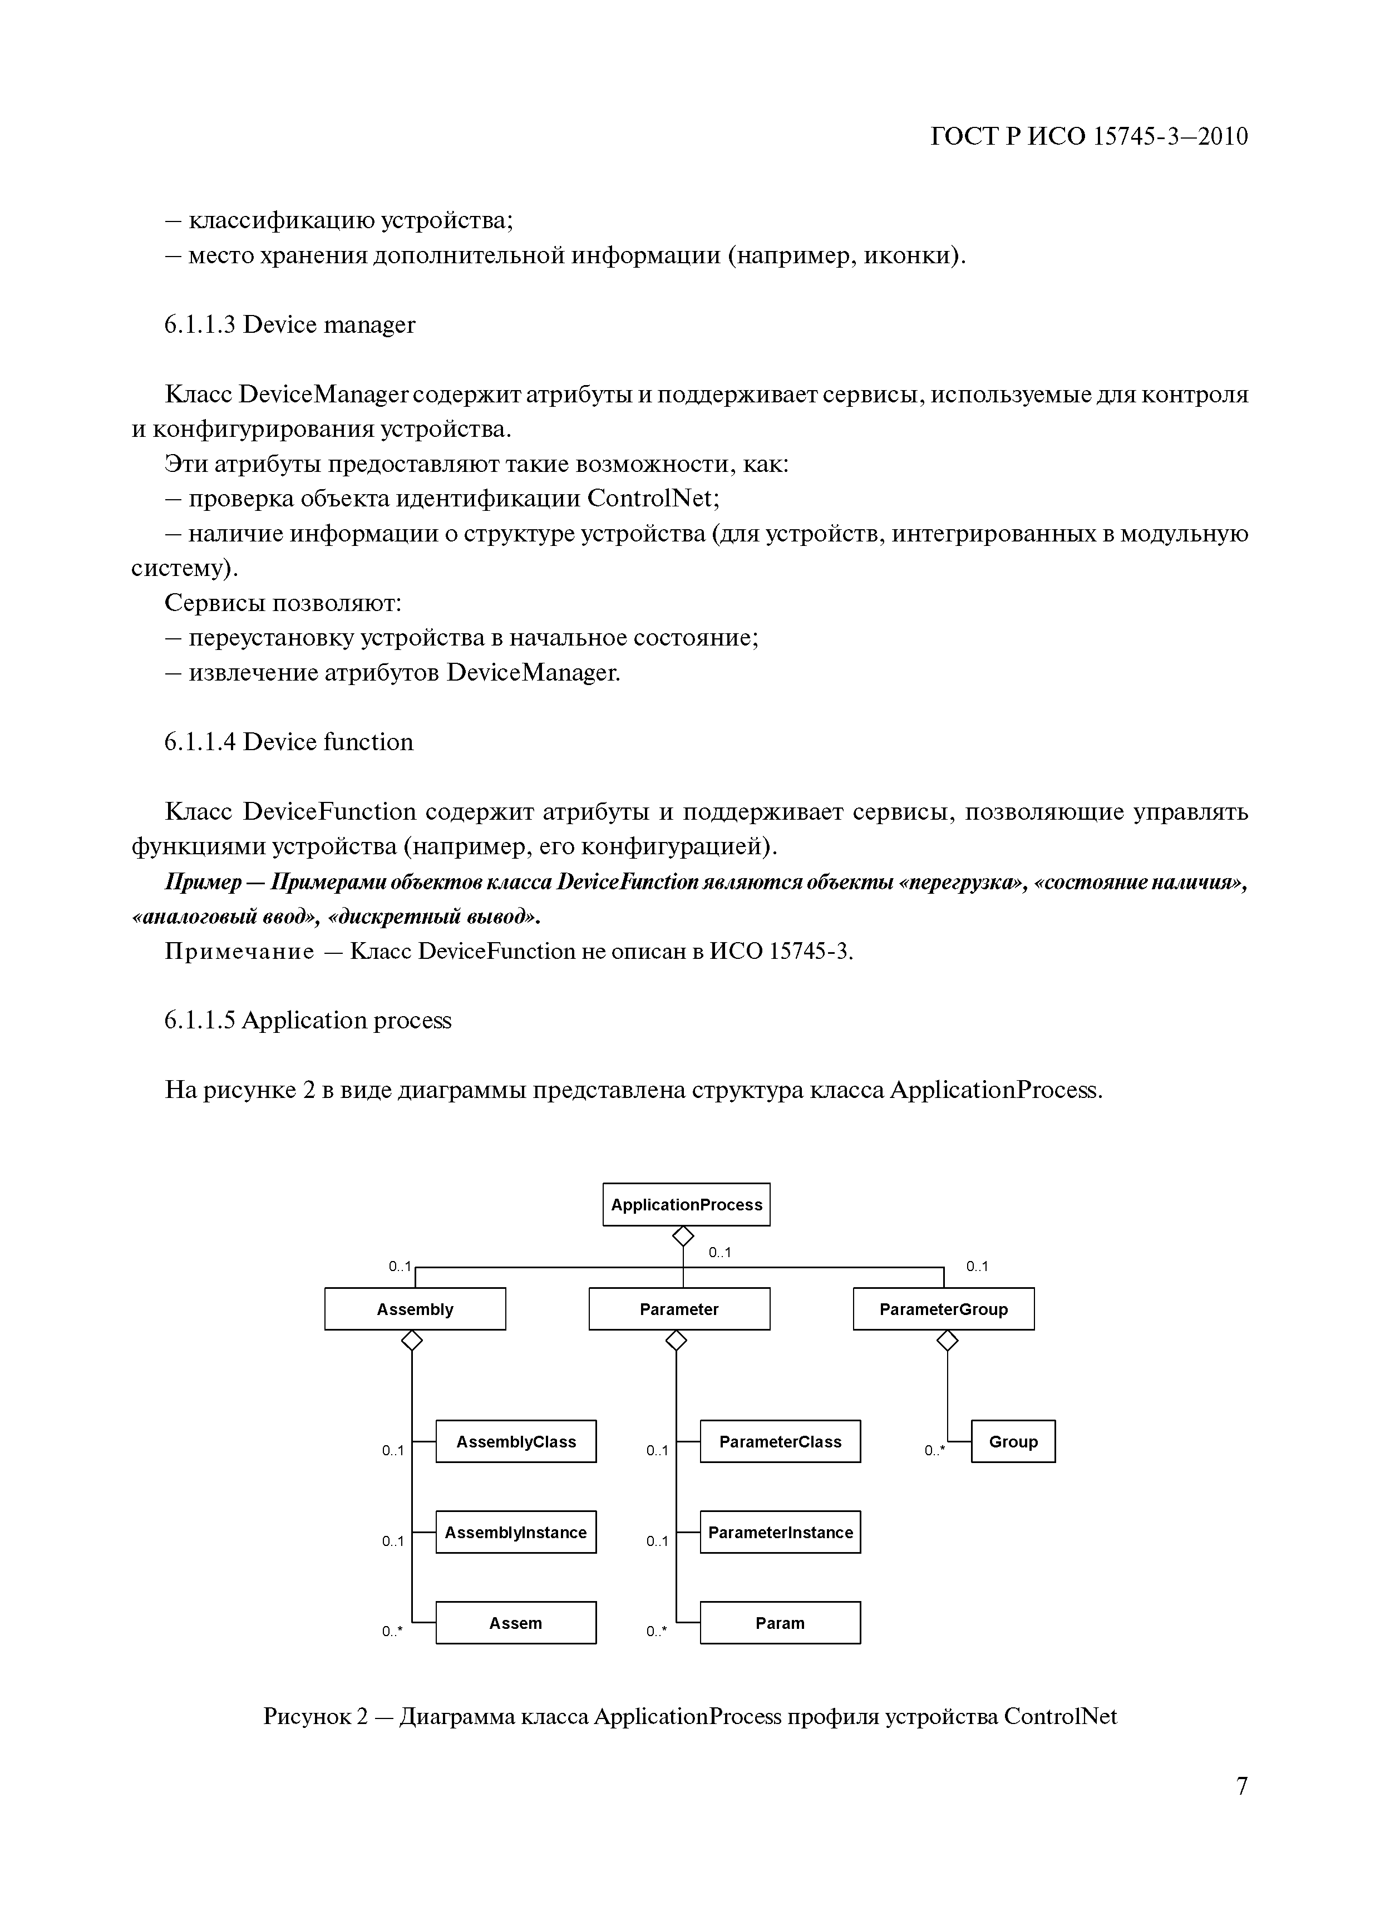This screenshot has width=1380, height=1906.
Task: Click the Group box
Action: click(1013, 1441)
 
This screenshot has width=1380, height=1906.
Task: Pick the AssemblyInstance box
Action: click(515, 1532)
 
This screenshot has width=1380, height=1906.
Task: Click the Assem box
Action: click(515, 1623)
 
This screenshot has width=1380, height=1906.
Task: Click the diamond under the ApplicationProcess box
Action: click(683, 1236)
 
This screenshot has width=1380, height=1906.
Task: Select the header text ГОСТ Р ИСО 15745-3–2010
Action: click(1089, 136)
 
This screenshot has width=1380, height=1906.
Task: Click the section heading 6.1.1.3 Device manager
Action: click(289, 324)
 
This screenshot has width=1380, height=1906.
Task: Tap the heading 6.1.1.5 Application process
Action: click(308, 1020)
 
